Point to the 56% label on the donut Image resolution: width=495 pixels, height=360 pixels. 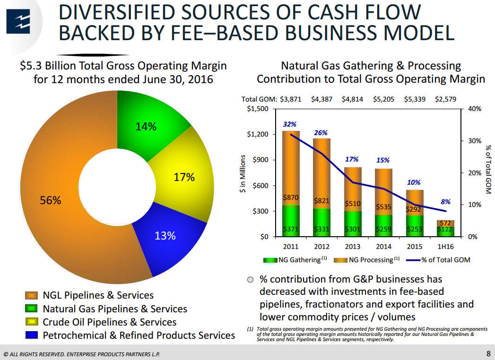click(50, 200)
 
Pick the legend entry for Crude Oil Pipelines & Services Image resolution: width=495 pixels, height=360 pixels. click(110, 322)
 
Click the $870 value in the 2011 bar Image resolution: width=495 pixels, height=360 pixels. click(290, 197)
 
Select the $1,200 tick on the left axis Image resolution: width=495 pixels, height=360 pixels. click(258, 134)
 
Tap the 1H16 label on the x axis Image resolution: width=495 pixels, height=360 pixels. click(445, 247)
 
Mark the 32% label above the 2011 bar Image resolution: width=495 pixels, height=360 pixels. click(290, 124)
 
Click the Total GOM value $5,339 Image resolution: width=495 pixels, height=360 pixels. click(416, 99)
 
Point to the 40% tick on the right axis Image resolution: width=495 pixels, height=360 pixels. click(474, 109)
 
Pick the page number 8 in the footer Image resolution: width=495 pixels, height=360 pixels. click(488, 353)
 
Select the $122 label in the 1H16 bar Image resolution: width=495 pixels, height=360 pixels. click(445, 230)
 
